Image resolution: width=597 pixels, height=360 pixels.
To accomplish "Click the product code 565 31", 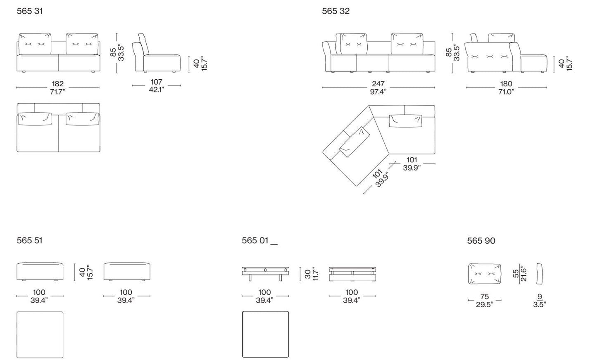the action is point(30,11).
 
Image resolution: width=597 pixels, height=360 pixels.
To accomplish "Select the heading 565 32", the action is point(335,11).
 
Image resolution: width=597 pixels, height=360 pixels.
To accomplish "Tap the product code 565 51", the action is point(29,240).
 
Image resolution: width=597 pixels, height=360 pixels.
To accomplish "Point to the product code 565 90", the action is point(481,241).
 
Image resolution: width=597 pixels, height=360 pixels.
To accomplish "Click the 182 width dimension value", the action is point(57,84).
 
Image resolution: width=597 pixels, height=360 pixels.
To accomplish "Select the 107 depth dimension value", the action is point(157,82).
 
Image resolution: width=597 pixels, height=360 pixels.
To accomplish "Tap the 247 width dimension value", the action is point(378,84).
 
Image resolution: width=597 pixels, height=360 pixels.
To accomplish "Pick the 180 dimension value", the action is point(506,84).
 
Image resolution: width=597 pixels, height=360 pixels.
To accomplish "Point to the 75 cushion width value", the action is point(485,296).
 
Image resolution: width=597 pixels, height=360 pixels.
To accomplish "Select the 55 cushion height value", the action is point(516,274).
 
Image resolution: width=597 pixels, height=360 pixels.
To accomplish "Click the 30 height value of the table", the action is point(308,274).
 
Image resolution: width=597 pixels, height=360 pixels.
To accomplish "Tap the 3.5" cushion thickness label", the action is point(540,305).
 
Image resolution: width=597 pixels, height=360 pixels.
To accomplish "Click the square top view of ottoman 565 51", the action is point(40,335).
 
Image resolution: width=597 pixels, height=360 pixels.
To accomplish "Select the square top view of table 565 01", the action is point(265,334).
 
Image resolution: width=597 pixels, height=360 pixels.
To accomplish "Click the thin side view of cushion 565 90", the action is point(540,274).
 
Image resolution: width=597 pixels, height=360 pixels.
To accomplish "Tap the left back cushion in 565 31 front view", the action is point(35,44).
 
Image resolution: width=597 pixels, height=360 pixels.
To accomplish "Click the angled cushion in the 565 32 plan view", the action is point(354,142).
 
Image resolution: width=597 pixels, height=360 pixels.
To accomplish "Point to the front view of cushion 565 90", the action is point(485,274).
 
